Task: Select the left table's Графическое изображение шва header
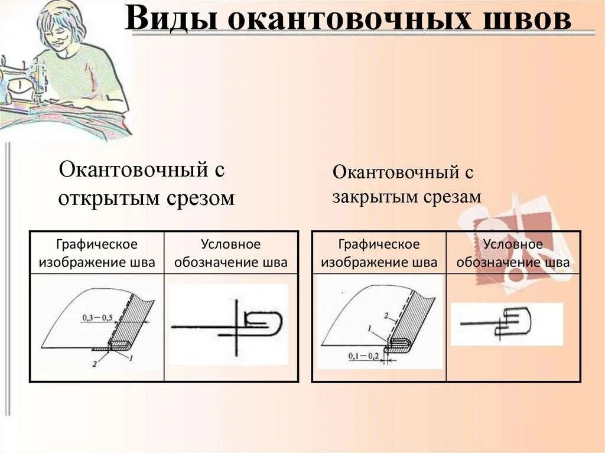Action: [x=97, y=253]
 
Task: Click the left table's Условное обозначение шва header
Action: [x=230, y=253]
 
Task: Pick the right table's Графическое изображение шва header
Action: [x=379, y=253]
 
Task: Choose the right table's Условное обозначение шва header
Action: [x=513, y=253]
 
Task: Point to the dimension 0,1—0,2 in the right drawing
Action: [x=363, y=356]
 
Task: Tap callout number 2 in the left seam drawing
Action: [x=94, y=364]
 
